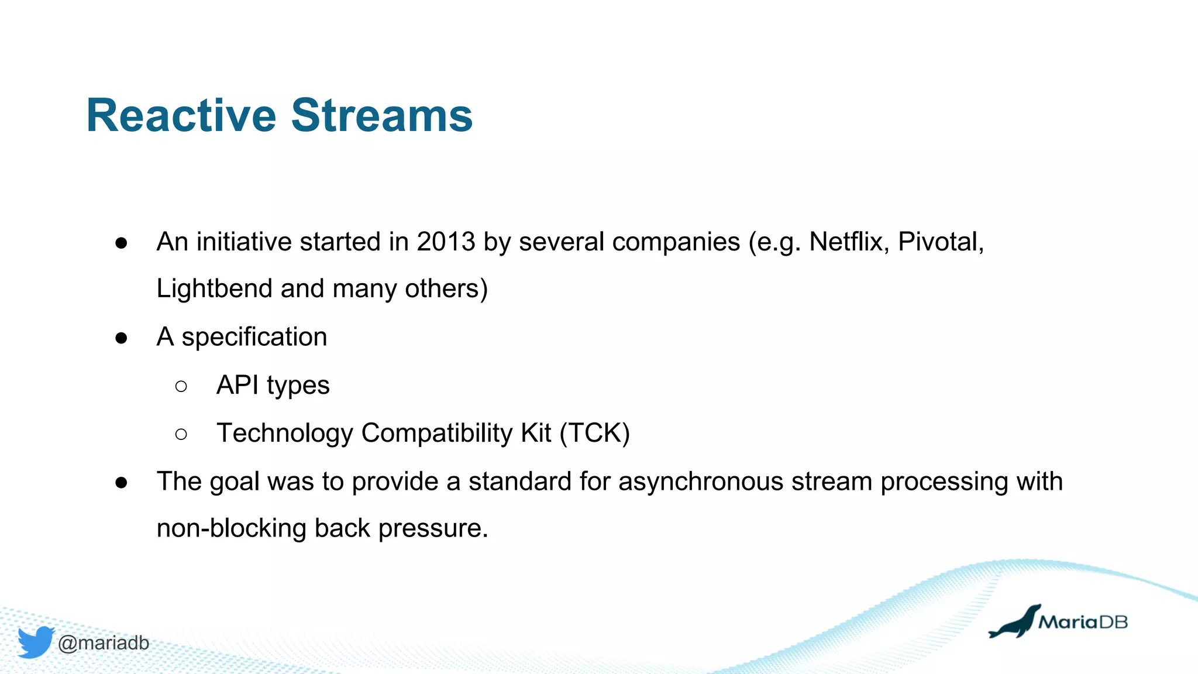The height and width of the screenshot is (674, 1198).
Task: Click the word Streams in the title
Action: click(x=381, y=116)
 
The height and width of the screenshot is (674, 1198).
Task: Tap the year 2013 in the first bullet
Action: click(x=446, y=242)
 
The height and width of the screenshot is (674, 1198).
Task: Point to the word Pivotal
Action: click(x=940, y=242)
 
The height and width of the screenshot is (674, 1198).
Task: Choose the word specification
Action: click(x=254, y=338)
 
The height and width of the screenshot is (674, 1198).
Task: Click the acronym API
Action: click(x=237, y=386)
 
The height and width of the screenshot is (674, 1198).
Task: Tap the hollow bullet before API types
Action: click(x=181, y=386)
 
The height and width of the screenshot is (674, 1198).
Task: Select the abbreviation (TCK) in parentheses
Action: click(x=594, y=434)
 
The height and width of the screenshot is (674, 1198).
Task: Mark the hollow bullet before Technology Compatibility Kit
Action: click(x=181, y=434)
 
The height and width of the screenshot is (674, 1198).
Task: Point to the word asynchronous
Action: click(x=700, y=482)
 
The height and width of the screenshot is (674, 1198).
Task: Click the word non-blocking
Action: click(x=231, y=529)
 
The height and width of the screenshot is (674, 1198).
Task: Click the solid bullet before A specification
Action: click(x=122, y=338)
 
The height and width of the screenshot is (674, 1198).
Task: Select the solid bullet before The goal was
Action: click(x=122, y=483)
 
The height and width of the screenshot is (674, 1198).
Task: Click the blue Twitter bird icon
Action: click(x=36, y=642)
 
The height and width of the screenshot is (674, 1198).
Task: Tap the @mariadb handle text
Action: click(x=104, y=643)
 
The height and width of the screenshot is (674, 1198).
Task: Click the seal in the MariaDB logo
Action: click(x=1015, y=623)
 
